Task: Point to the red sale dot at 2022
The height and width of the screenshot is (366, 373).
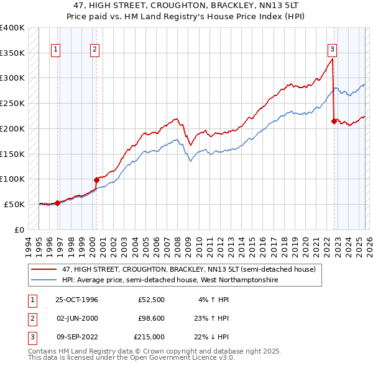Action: coord(334,121)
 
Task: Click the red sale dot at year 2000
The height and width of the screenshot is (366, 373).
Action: coord(96,180)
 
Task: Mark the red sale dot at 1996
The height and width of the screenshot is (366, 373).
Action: coord(58,203)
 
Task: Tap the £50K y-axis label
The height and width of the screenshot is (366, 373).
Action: coord(14,204)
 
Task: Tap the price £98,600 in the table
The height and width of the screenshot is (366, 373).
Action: coord(151,318)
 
